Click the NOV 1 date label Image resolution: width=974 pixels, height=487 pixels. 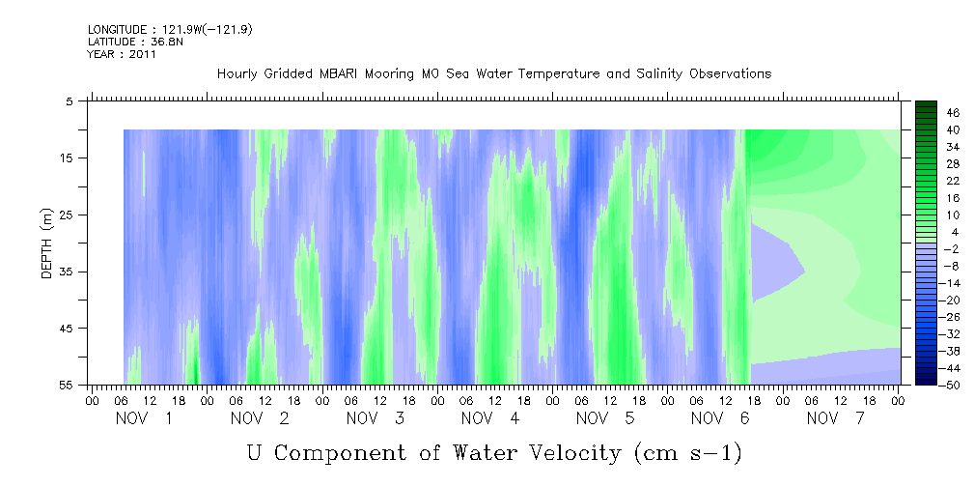(144, 418)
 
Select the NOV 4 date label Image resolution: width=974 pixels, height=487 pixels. (489, 418)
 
